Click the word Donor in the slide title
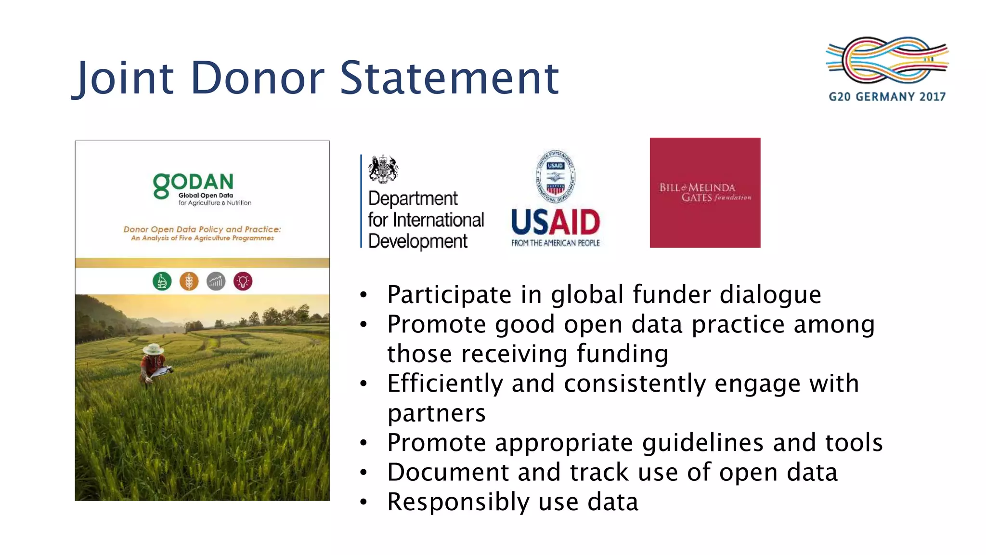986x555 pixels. tap(258, 78)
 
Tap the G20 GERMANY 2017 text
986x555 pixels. tap(887, 97)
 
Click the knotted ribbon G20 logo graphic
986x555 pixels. tap(887, 60)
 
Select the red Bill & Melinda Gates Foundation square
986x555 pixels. tap(705, 193)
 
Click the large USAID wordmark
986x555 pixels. tap(555, 223)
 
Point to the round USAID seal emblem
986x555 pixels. tap(555, 176)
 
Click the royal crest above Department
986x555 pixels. tap(383, 169)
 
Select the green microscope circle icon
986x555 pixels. tap(162, 281)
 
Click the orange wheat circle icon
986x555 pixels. tap(189, 281)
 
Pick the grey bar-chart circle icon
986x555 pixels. tap(216, 281)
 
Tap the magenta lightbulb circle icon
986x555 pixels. tap(243, 281)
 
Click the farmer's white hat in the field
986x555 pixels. tap(153, 349)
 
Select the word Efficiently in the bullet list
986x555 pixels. tap(444, 384)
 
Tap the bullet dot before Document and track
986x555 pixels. tap(363, 473)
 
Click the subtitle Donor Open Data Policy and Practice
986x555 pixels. tap(202, 229)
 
